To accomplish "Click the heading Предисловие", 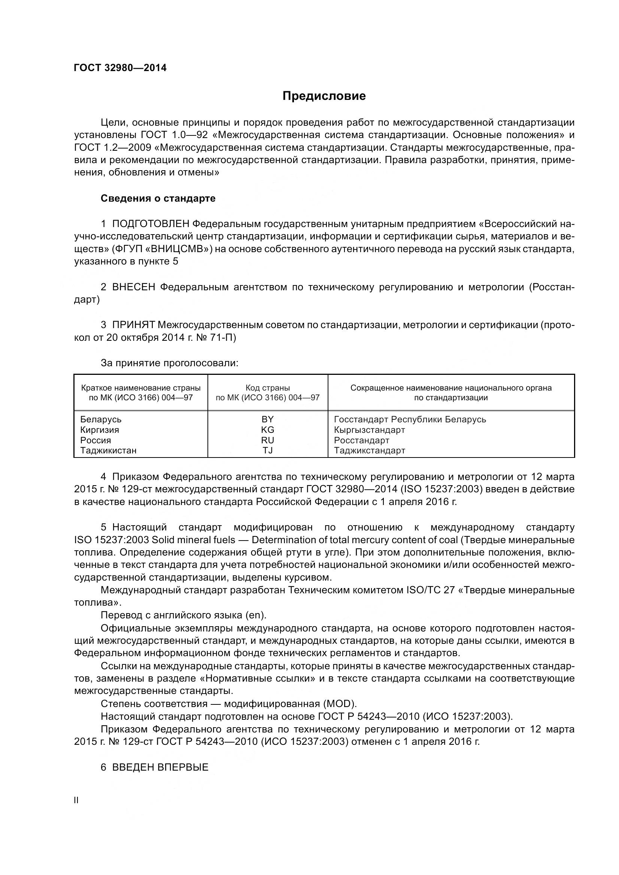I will (x=324, y=96).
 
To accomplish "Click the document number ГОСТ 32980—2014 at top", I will (x=120, y=68).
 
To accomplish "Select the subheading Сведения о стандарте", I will (x=158, y=198).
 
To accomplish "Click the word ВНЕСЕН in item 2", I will (x=133, y=287).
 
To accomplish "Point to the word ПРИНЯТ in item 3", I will (x=133, y=325).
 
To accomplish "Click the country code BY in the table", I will (x=267, y=419).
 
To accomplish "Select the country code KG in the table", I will (x=267, y=429).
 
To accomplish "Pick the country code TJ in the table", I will (x=267, y=450).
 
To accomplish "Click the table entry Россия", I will (x=95, y=440).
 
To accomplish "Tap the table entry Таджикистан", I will (x=108, y=450).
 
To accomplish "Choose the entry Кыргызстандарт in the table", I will (x=369, y=430).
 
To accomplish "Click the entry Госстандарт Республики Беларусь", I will (x=410, y=419).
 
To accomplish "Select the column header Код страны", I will (x=267, y=388).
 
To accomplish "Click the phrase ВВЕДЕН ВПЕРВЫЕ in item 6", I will (x=160, y=767).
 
